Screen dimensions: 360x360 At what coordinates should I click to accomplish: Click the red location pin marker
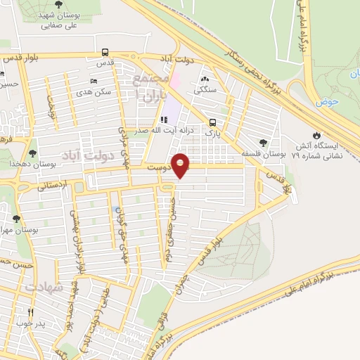181,165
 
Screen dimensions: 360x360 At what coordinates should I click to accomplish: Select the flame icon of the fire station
316,135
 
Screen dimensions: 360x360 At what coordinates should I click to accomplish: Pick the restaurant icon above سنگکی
205,79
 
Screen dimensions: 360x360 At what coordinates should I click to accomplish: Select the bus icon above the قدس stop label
105,52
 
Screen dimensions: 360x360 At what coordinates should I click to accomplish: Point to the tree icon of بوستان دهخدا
33,153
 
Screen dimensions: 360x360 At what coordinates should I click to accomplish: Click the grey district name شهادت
44,288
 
